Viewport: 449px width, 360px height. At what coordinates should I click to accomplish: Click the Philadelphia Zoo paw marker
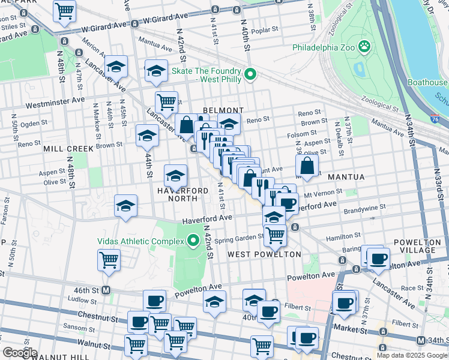364,46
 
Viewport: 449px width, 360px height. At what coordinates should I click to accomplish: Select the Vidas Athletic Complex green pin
193,241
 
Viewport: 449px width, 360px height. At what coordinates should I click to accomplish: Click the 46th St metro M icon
106,290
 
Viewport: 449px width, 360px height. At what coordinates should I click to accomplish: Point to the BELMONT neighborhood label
223,110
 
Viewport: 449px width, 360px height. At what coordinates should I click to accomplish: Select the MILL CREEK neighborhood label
68,148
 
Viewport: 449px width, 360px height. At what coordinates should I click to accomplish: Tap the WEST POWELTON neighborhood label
264,255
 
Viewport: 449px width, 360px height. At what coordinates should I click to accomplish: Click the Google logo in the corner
19,353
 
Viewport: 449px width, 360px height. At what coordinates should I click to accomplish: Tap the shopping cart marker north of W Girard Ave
64,10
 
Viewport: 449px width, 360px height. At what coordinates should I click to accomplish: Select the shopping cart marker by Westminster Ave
166,101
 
